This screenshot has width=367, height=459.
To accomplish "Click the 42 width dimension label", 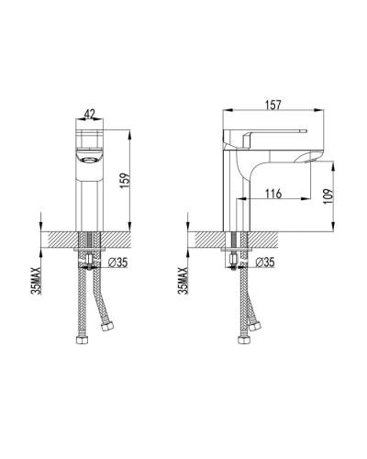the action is click(x=89, y=114).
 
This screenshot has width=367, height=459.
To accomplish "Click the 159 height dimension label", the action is click(x=126, y=181).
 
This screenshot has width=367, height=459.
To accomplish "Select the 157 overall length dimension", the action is click(x=273, y=105).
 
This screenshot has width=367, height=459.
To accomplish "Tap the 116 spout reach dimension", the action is click(x=273, y=194).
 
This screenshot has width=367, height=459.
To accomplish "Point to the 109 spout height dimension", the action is click(x=328, y=196).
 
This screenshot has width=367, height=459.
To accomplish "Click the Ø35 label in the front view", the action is click(x=118, y=263).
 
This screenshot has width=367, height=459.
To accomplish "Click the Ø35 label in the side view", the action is click(x=265, y=263).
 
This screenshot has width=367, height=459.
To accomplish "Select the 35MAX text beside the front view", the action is click(x=36, y=280).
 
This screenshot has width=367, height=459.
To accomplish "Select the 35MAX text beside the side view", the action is click(x=183, y=280).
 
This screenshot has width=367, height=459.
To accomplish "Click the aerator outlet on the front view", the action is click(x=89, y=159).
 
